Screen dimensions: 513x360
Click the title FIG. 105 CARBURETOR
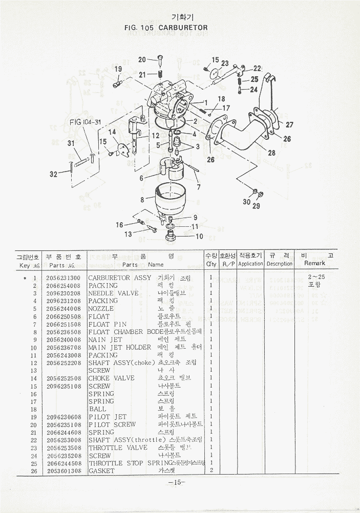(x=166, y=27)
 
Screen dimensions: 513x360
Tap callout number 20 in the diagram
(x=142, y=59)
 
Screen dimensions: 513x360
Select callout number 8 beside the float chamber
(x=142, y=200)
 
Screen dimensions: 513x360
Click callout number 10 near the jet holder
(x=199, y=236)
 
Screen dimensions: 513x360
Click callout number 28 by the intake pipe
(x=271, y=153)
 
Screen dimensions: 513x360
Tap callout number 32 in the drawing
(x=53, y=175)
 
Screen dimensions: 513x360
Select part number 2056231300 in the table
(x=63, y=277)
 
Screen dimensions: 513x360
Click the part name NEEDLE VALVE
(x=113, y=293)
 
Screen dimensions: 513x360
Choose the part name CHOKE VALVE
(x=111, y=378)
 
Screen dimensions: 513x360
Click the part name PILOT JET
(x=108, y=417)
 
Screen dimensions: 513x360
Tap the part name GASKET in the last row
(x=101, y=471)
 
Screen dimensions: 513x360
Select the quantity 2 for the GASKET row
(x=211, y=471)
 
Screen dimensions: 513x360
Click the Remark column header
(x=314, y=263)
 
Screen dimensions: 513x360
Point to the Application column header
(x=250, y=264)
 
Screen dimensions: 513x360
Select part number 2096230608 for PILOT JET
(x=63, y=417)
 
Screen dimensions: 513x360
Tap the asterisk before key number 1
(x=24, y=277)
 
